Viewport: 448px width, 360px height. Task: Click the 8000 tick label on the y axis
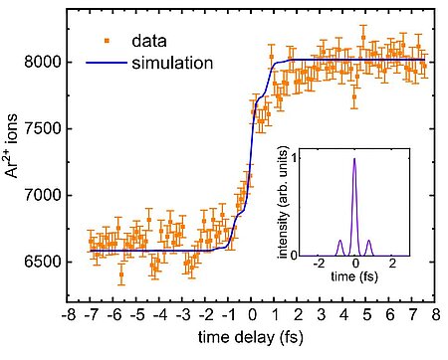[x=41, y=62]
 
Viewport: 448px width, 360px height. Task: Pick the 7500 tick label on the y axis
[x=41, y=128]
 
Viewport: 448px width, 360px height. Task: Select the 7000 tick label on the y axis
[x=41, y=195]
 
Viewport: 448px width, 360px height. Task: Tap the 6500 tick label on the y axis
[x=41, y=263]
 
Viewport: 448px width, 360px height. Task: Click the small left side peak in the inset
[x=338, y=242]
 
